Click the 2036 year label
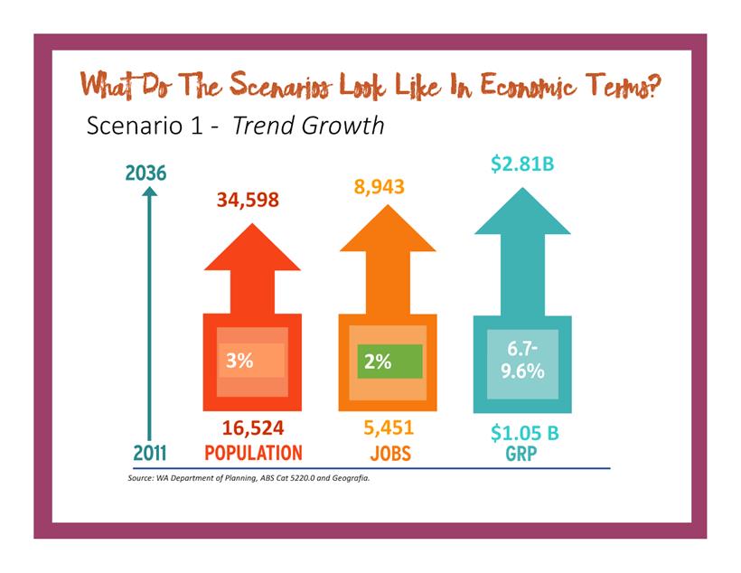coord(145,173)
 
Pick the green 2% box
coord(389,362)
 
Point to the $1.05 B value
coord(524,433)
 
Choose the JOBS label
coord(390,453)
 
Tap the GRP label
coord(522,455)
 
